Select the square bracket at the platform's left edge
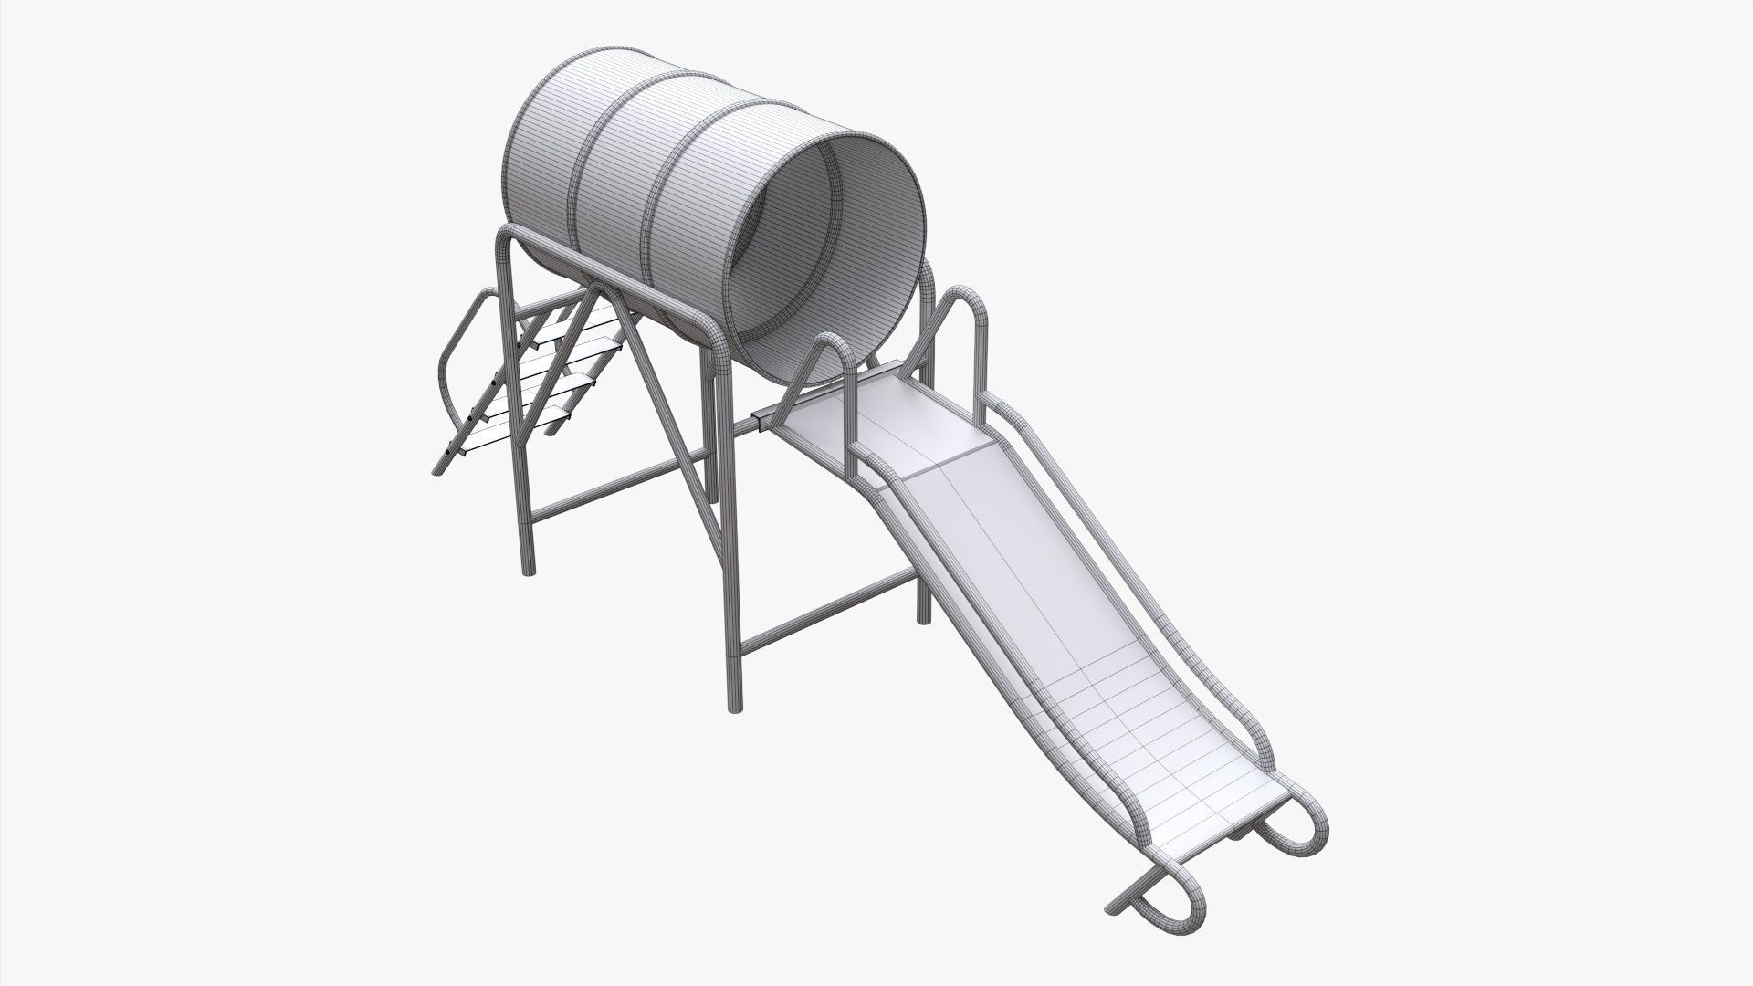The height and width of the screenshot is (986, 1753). pyautogui.click(x=761, y=421)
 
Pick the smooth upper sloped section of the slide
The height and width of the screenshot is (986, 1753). pyautogui.click(x=1004, y=548)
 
